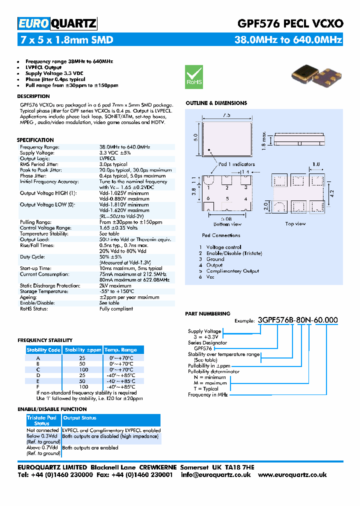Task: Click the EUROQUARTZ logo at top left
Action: point(57,23)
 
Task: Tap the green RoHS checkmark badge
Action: point(194,76)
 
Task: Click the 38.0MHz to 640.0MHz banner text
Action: point(288,39)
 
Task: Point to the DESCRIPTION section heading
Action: point(33,96)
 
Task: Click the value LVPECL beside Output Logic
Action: point(107,158)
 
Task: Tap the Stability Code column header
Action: point(43,350)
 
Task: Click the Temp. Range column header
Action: point(120,350)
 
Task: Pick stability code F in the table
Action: point(38,387)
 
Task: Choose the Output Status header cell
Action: point(79,418)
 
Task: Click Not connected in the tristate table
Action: point(43,430)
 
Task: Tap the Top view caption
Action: point(295,223)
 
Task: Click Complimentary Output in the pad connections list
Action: point(233,271)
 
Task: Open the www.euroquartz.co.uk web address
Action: point(292,474)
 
